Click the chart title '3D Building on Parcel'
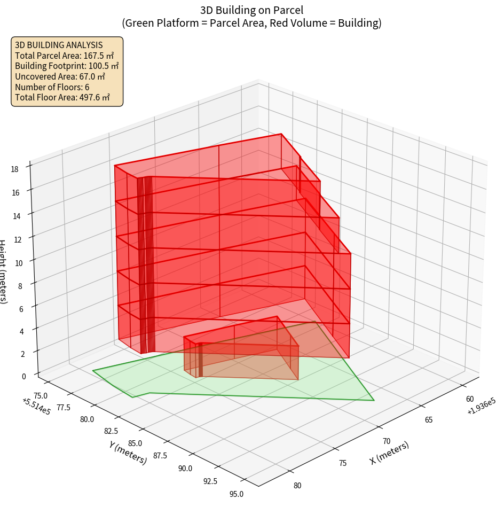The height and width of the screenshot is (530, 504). (x=251, y=10)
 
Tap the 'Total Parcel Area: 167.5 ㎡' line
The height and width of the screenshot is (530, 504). (x=65, y=56)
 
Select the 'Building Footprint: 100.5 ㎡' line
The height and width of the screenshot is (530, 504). (x=67, y=66)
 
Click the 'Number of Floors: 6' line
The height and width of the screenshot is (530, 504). (x=52, y=87)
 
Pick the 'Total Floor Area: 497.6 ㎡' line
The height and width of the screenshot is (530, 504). (x=62, y=98)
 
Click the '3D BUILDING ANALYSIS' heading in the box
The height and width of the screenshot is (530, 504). (x=59, y=45)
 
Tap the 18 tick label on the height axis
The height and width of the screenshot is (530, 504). (x=14, y=169)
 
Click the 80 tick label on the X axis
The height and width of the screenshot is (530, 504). (x=297, y=486)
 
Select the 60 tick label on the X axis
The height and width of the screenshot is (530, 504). (x=470, y=399)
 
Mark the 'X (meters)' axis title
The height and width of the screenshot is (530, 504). (x=389, y=453)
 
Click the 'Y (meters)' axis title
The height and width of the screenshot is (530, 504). (x=128, y=451)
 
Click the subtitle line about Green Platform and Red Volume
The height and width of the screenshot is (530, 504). (x=251, y=23)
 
